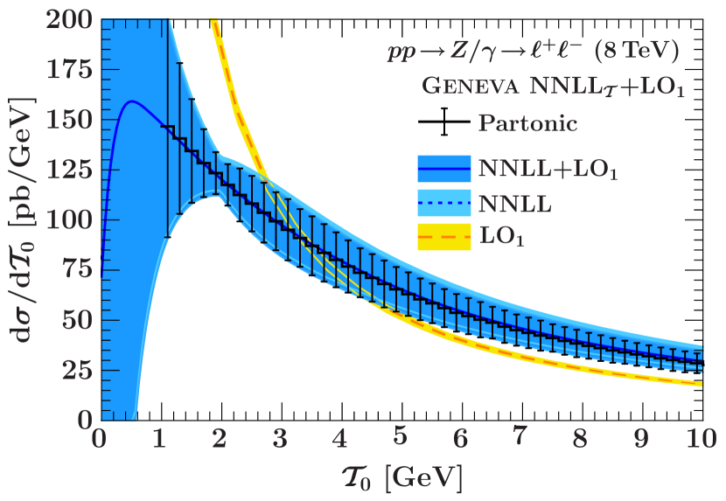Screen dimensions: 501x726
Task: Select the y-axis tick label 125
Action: (x=67, y=170)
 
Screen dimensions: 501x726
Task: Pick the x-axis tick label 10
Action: (x=700, y=437)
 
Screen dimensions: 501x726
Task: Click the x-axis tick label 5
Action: (x=400, y=437)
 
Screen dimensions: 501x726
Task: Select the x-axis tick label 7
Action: (x=520, y=437)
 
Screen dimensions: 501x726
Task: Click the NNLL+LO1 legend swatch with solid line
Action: (x=445, y=168)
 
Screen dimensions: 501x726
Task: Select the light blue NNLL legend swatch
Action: (x=445, y=203)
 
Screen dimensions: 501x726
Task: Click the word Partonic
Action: (x=527, y=123)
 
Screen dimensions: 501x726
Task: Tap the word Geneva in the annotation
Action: (x=464, y=87)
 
